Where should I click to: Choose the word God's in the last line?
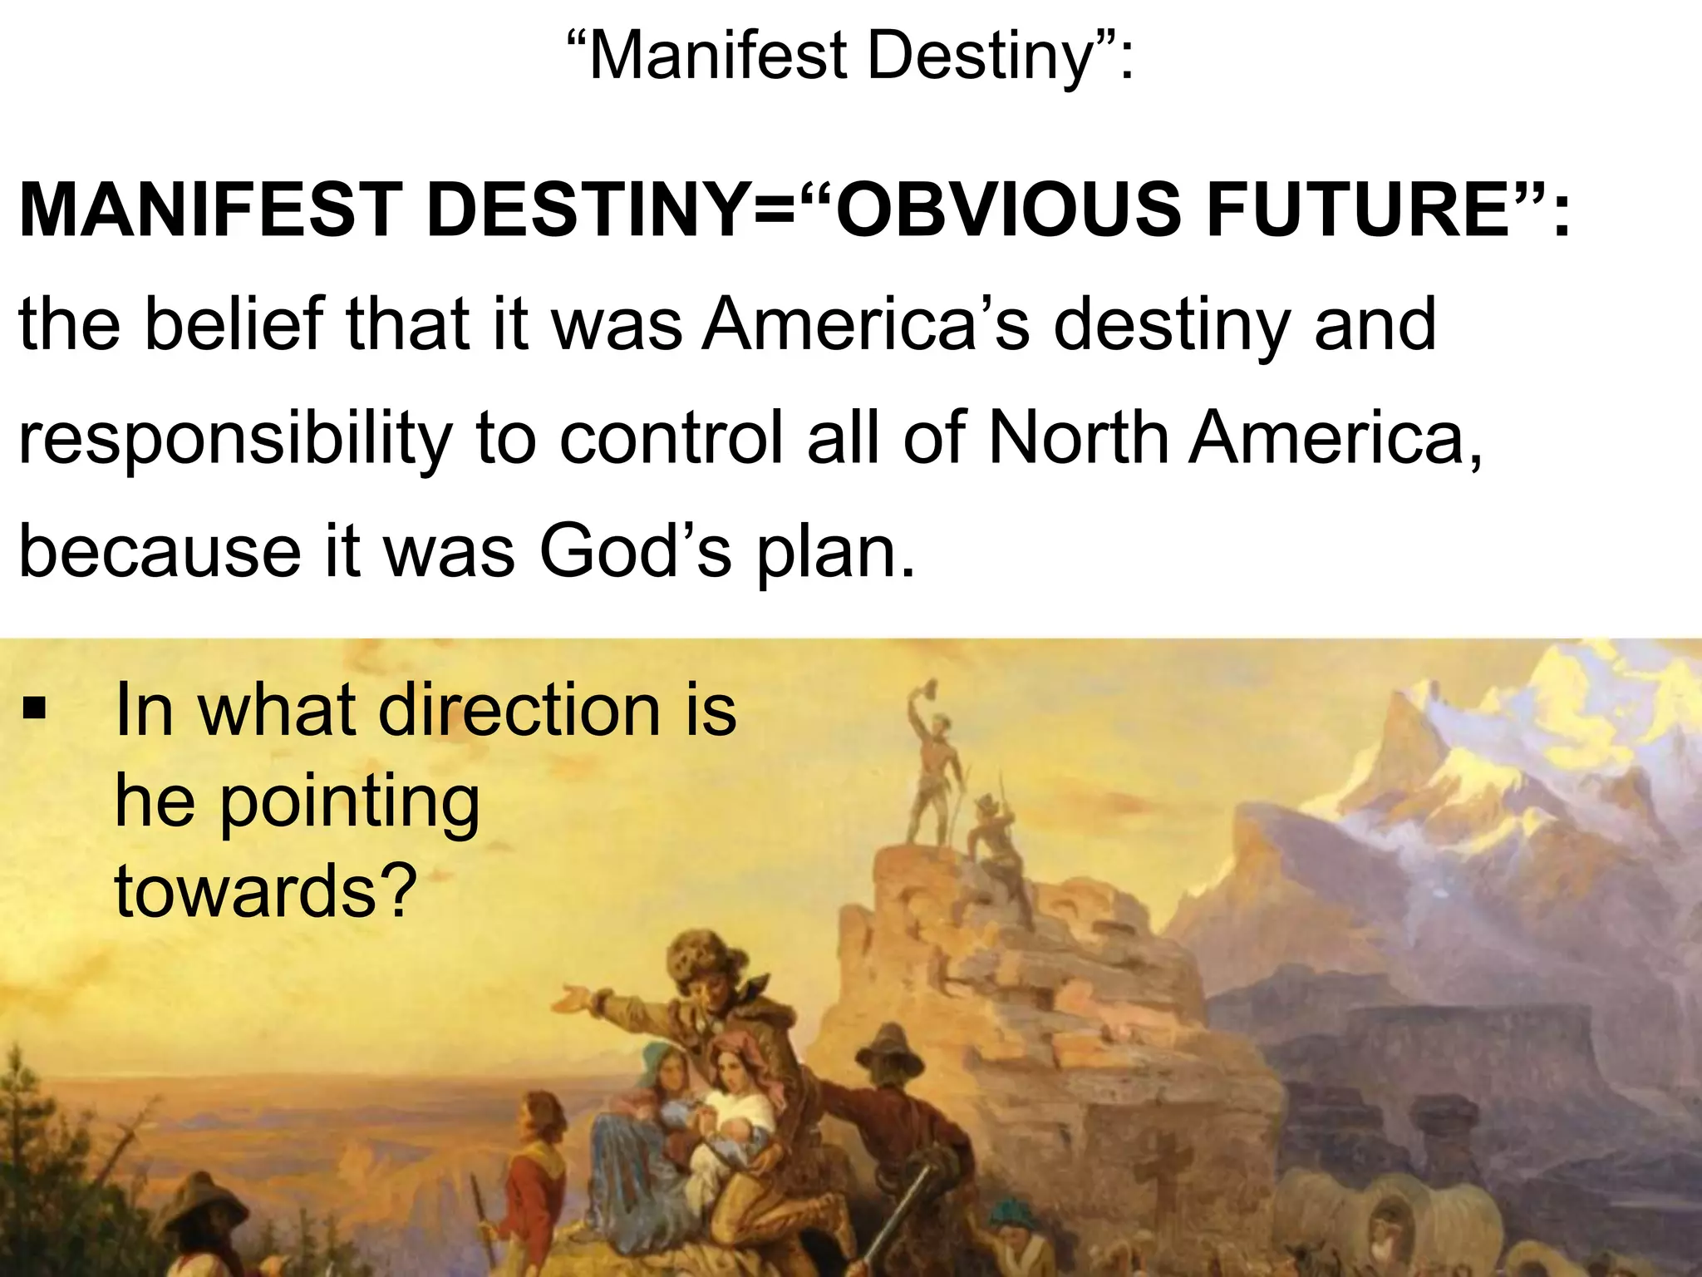click(x=636, y=552)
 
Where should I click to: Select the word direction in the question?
click(x=519, y=710)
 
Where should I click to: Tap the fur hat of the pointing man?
click(x=702, y=956)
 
